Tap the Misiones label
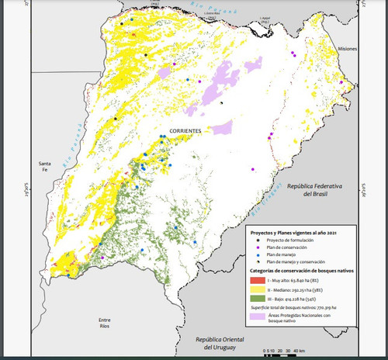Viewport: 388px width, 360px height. [x=347, y=49]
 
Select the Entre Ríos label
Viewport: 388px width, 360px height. [x=99, y=324]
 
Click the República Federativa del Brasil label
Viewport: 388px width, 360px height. [x=319, y=191]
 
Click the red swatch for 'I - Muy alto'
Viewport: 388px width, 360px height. [x=257, y=279]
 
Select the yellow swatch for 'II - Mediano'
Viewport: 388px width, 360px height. [x=257, y=288]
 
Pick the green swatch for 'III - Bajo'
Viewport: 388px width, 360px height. [x=257, y=297]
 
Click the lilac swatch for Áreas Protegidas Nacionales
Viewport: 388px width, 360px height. [x=257, y=318]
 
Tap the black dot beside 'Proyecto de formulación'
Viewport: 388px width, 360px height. [x=257, y=241]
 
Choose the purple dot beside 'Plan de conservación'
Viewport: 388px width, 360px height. [x=257, y=248]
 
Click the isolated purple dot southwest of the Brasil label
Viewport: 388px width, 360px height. [x=253, y=168]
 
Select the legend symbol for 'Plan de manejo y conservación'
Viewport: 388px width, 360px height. [x=257, y=263]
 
